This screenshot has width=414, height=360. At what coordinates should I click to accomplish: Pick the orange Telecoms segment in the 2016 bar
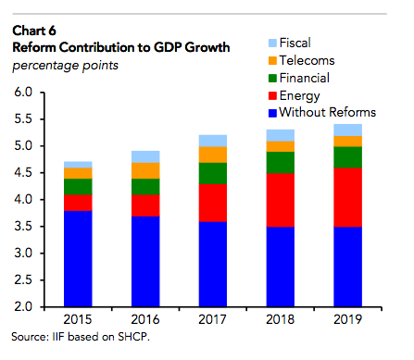tap(145, 170)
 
